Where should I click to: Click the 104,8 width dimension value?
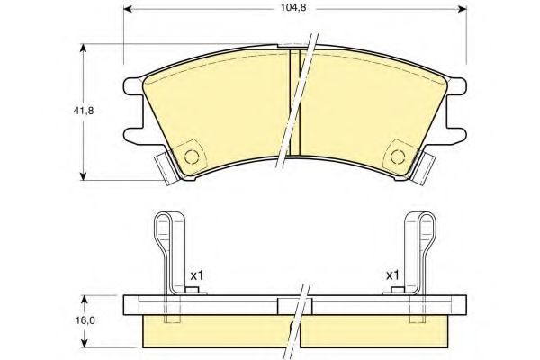pyautogui.click(x=293, y=8)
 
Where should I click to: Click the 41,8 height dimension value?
pyautogui.click(x=84, y=111)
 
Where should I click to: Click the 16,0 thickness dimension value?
pyautogui.click(x=85, y=320)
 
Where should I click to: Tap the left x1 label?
pyautogui.click(x=197, y=275)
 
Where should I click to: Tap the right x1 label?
pyautogui.click(x=392, y=275)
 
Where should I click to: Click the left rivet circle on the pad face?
pyautogui.click(x=192, y=157)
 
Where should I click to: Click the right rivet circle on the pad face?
pyautogui.click(x=398, y=157)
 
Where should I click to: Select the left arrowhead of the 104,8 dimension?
pyautogui.click(x=128, y=9)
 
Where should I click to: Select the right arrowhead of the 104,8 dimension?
pyautogui.click(x=463, y=9)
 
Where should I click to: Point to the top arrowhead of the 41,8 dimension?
pyautogui.click(x=83, y=48)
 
